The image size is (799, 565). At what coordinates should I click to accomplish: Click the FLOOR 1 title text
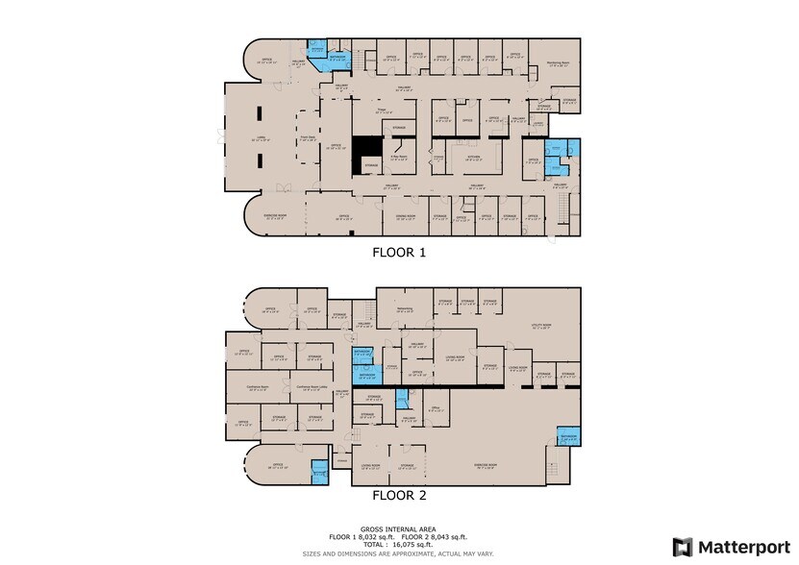point(399,254)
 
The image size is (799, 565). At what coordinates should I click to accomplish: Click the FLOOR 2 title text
point(399,496)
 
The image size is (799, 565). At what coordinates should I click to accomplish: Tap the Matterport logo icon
point(682,547)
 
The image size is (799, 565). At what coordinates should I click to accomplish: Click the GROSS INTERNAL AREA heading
point(399,529)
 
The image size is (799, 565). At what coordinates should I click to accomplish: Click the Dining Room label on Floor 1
point(404,217)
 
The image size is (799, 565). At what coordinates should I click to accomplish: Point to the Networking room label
point(405,308)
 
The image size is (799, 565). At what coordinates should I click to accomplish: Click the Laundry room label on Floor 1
point(538,123)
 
